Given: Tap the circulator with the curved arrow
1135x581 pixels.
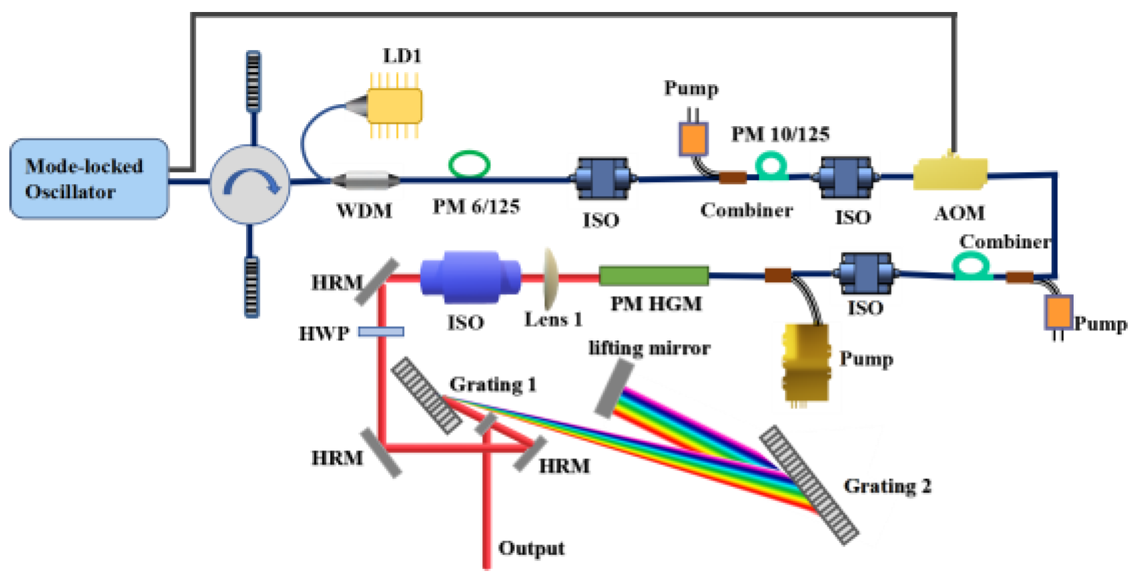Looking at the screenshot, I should (x=250, y=184).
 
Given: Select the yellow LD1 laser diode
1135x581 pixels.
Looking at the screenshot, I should (x=395, y=105).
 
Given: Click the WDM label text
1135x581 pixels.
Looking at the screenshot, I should (x=364, y=211).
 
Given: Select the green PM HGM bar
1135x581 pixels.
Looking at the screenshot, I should (x=653, y=276).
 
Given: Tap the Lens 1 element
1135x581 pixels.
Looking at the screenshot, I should (x=550, y=275).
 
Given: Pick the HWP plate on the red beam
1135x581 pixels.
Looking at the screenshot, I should (x=381, y=332).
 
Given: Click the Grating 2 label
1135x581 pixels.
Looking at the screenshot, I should (x=887, y=486).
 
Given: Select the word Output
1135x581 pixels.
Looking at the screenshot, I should (x=531, y=548).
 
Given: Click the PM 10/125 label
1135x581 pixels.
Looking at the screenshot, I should (x=780, y=135).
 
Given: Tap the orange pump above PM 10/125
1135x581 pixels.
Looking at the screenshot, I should (x=693, y=139).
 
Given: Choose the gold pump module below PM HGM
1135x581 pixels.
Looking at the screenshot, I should (x=806, y=363).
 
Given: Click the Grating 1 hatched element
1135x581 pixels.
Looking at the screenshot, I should (x=426, y=396).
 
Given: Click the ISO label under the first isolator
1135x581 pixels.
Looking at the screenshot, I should (x=601, y=220).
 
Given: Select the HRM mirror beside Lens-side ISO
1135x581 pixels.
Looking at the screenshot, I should (x=376, y=282).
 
